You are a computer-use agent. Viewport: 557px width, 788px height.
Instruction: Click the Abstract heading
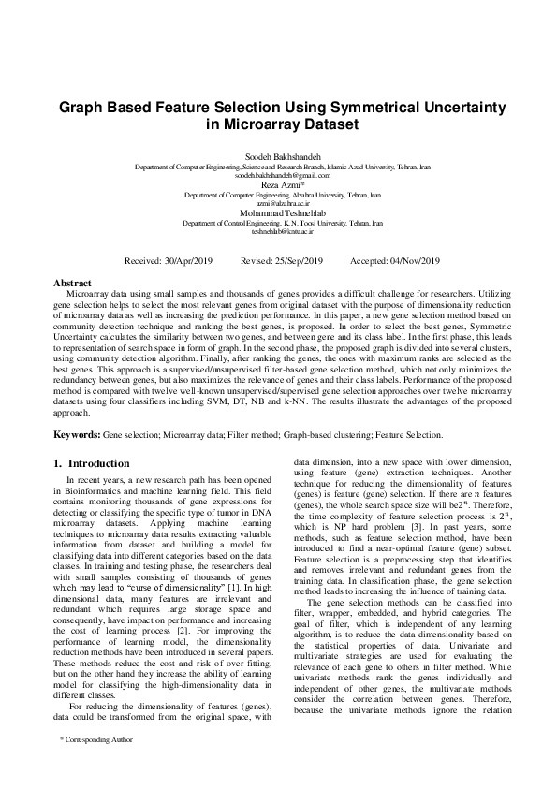pos(72,283)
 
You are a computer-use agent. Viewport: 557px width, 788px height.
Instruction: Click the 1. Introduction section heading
pos(93,462)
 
